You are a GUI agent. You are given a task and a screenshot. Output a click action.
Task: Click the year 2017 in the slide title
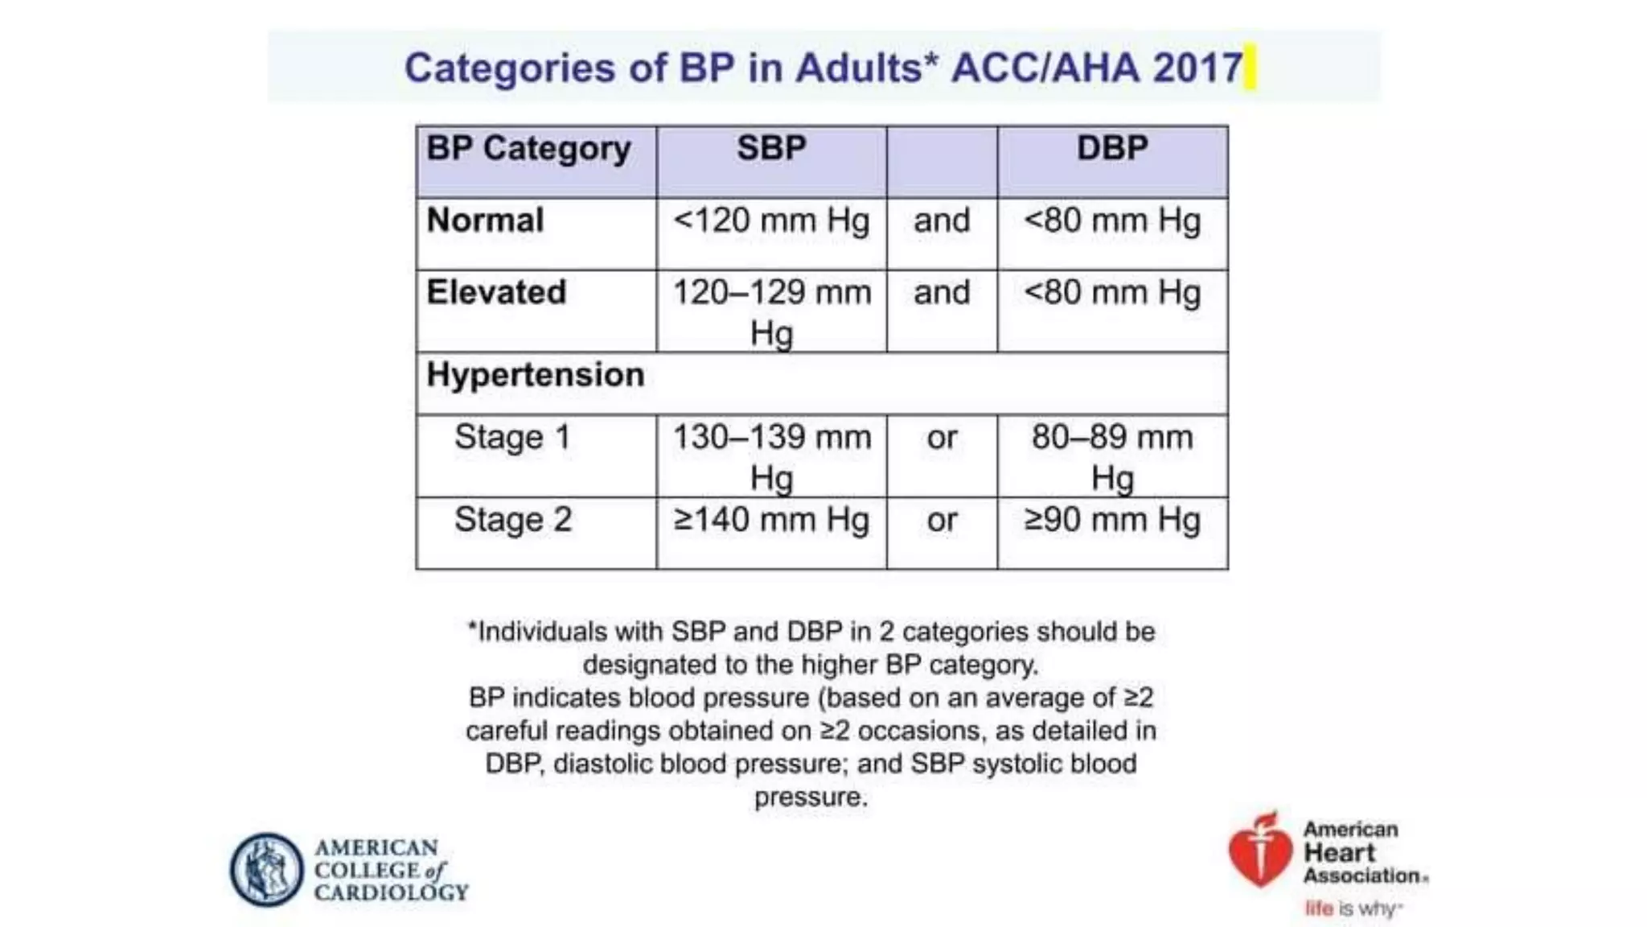point(1197,68)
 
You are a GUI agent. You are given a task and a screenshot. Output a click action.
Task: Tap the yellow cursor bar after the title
point(1250,68)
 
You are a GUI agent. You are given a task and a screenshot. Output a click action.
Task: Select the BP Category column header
point(528,149)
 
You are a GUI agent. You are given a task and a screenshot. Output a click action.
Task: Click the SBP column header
point(771,149)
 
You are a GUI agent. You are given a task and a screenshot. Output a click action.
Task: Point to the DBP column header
point(1112,149)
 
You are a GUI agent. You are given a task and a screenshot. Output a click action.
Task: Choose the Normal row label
point(485,220)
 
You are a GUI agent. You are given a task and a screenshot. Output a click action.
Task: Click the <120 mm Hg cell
point(771,220)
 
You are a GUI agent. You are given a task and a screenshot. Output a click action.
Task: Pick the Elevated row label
point(496,292)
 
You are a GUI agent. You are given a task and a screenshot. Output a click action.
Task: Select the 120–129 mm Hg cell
point(771,311)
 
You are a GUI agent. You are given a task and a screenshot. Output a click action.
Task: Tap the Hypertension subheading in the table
point(535,375)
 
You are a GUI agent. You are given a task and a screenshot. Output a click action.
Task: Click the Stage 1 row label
point(512,438)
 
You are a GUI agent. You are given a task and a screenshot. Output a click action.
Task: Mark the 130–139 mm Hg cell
point(771,456)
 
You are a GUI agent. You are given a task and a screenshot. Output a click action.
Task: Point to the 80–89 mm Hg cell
point(1112,456)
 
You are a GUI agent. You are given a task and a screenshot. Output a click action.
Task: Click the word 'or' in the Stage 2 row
point(942,520)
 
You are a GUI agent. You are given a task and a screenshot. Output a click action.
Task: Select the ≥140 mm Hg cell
point(771,520)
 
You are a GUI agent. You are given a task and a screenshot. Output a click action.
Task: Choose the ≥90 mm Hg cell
point(1112,520)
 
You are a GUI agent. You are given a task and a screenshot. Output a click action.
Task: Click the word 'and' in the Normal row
point(942,220)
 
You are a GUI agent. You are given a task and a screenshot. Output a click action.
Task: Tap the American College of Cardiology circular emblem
point(266,869)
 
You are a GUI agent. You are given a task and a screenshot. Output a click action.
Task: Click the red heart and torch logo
point(1259,851)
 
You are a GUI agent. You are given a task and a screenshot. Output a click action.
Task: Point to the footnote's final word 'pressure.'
point(811,797)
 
